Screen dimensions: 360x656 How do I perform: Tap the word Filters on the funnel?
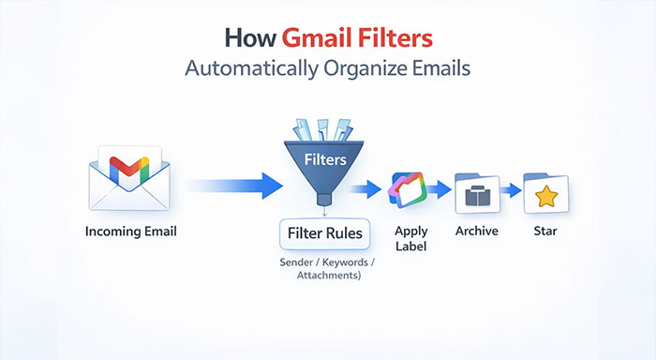click(325, 159)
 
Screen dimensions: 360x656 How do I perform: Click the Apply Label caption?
click(410, 239)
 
